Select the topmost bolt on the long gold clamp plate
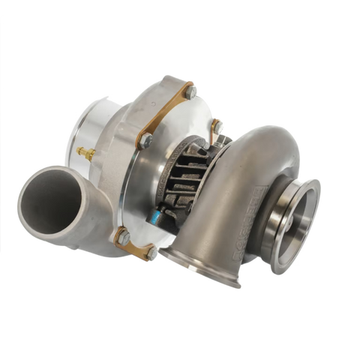pyautogui.click(x=190, y=89)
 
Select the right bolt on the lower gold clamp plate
pyautogui.click(x=150, y=253)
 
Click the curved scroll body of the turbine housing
pyautogui.click(x=255, y=165)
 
